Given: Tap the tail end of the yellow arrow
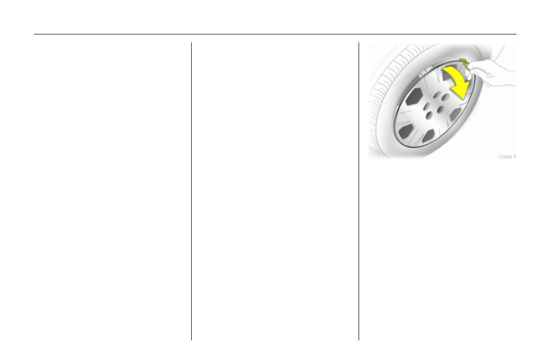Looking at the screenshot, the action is click(444, 71).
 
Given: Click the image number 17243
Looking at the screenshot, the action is click(504, 157).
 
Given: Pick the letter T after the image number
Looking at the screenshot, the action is click(514, 157).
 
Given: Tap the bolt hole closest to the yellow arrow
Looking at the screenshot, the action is click(445, 98).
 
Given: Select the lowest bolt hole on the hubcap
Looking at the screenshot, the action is click(429, 116).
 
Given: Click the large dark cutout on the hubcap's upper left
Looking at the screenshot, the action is click(413, 97).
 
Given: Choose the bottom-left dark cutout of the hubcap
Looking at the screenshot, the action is click(406, 131).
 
